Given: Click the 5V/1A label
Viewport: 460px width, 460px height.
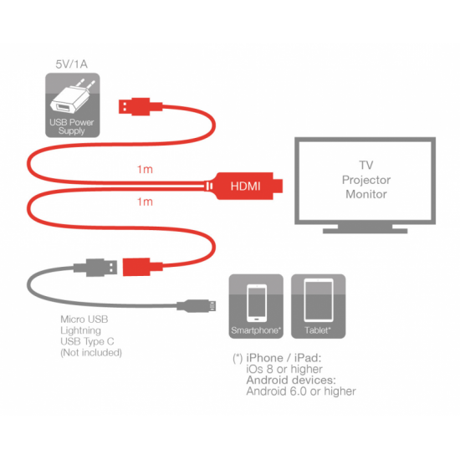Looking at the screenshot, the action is pyautogui.click(x=72, y=64).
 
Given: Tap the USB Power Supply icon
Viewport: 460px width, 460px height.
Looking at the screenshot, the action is pyautogui.click(x=73, y=105).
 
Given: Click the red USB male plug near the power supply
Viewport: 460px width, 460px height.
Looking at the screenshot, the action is pyautogui.click(x=141, y=106).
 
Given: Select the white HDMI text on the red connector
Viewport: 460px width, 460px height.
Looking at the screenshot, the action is pyautogui.click(x=246, y=186).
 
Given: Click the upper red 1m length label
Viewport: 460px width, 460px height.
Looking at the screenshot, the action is pyautogui.click(x=145, y=169).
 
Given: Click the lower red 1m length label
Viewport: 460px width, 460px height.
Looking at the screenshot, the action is pyautogui.click(x=145, y=202).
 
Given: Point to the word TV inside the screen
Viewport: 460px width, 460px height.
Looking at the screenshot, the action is pyautogui.click(x=366, y=165).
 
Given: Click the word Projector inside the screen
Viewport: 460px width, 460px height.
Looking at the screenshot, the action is pyautogui.click(x=366, y=180).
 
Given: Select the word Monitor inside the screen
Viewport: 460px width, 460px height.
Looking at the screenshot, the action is pyautogui.click(x=366, y=194).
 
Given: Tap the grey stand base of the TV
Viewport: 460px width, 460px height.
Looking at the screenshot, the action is pyautogui.click(x=365, y=229).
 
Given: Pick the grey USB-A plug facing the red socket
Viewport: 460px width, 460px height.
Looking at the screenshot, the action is pyautogui.click(x=95, y=268).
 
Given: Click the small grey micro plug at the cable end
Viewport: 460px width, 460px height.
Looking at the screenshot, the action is pyautogui.click(x=197, y=306).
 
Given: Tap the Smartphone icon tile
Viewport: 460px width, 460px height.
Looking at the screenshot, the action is pyautogui.click(x=256, y=306).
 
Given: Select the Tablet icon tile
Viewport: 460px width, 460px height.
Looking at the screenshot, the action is pyautogui.click(x=319, y=306).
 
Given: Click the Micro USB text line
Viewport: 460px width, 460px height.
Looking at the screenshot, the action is pyautogui.click(x=84, y=319).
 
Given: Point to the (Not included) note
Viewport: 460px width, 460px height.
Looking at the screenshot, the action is pyautogui.click(x=91, y=352).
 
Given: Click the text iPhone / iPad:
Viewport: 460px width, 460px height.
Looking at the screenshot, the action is pyautogui.click(x=284, y=358).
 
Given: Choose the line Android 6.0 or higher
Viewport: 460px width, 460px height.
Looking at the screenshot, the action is pyautogui.click(x=301, y=391).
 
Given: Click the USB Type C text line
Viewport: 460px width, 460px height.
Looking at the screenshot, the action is pyautogui.click(x=87, y=341).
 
